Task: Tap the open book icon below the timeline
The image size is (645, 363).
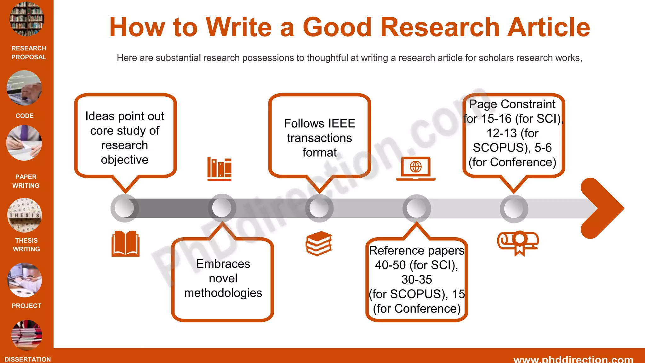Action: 125,243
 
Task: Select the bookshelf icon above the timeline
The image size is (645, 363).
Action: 219,169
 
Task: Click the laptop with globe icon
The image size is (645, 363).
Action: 415,169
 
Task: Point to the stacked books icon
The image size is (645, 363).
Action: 319,243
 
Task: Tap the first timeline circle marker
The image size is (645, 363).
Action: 124,208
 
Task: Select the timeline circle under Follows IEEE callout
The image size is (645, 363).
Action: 319,208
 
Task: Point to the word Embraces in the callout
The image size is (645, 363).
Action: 223,264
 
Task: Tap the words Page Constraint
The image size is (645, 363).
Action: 512,104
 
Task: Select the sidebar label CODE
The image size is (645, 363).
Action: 25,116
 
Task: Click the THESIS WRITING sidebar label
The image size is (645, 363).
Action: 26,245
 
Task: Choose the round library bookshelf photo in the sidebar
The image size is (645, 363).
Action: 27,19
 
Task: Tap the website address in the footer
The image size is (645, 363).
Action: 573,359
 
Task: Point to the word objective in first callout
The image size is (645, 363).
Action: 124,160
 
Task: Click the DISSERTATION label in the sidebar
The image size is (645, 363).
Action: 28,359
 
